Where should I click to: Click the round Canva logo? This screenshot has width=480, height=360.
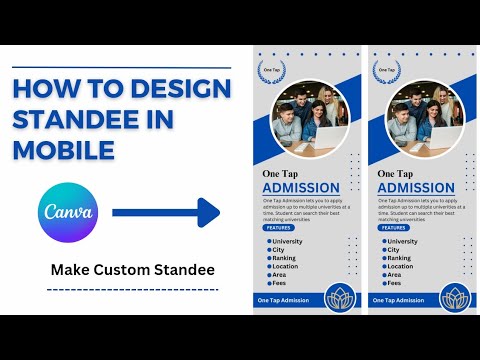[70, 212]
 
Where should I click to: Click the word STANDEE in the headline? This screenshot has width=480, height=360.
[77, 120]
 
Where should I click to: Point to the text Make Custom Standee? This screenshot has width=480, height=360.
[132, 270]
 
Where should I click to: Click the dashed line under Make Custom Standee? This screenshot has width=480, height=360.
[132, 289]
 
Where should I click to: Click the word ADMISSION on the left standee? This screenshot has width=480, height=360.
[301, 187]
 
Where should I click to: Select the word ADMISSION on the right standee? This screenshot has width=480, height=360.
[416, 187]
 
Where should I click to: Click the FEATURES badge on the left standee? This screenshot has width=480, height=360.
[278, 228]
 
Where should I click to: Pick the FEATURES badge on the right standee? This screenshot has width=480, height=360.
[393, 228]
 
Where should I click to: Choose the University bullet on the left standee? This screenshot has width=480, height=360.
[286, 241]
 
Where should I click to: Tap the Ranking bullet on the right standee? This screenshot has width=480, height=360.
[400, 258]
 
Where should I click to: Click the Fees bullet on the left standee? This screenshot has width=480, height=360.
[279, 283]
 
